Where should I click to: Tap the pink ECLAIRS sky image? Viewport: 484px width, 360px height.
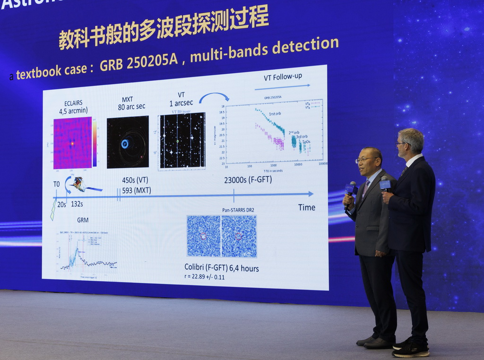[x=72, y=143]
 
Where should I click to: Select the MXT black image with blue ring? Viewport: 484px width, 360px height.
[x=128, y=142]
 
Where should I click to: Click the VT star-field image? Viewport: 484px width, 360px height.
[x=182, y=140]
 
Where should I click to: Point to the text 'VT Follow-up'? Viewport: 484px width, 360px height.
[x=283, y=77]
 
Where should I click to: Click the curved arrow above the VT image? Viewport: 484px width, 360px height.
[x=214, y=96]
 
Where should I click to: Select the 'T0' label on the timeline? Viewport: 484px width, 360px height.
[x=57, y=184]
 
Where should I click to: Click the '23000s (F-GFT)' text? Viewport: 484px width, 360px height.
[x=248, y=180]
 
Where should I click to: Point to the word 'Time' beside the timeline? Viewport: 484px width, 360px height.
[x=306, y=207]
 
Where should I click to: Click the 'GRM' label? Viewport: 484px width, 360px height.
[x=83, y=220]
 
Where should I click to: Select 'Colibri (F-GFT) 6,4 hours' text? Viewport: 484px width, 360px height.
[x=222, y=268]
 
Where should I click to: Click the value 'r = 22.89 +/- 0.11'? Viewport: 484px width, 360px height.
[x=205, y=277]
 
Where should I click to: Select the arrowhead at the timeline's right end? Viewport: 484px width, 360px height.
[x=311, y=194]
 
